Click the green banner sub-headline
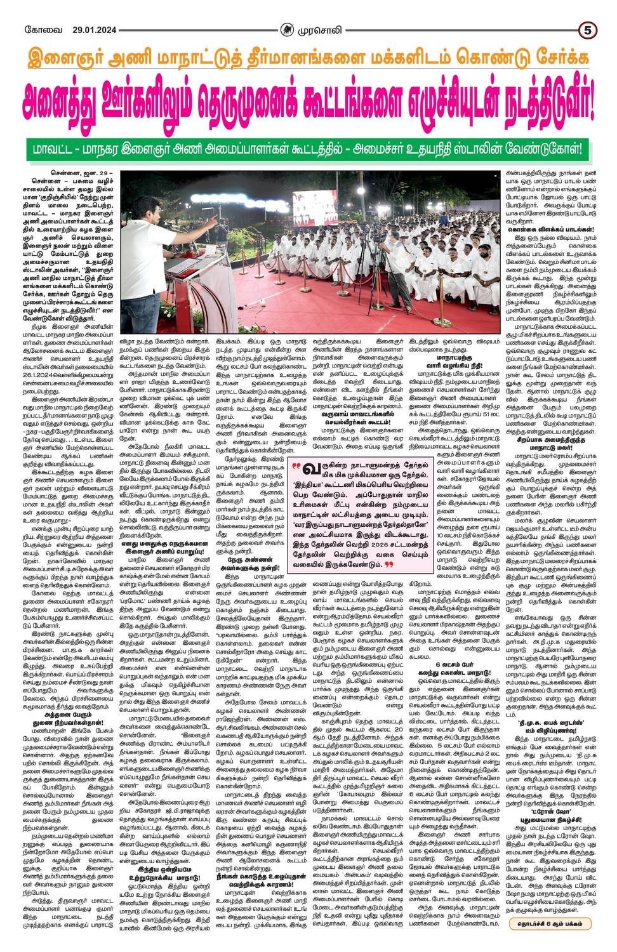click(308, 151)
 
